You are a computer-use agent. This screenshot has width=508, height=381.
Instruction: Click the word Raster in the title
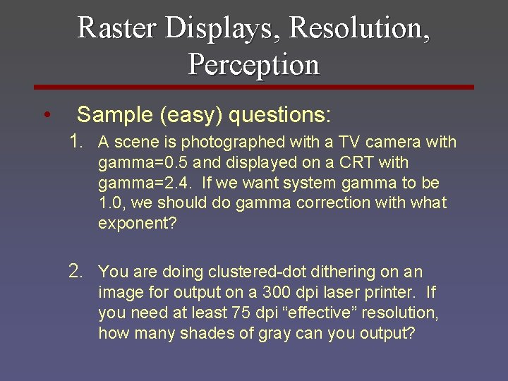tap(117, 28)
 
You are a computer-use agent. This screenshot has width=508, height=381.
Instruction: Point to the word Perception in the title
tap(254, 64)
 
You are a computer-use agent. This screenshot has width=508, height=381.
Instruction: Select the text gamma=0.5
tap(139, 163)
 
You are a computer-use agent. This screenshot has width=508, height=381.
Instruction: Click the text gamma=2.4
tap(139, 183)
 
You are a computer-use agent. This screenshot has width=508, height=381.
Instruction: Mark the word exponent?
tap(138, 224)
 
